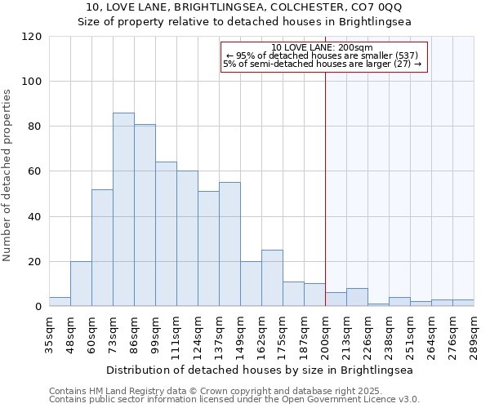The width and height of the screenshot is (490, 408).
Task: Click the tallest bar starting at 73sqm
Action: (123, 210)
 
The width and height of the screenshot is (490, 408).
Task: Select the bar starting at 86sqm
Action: (145, 215)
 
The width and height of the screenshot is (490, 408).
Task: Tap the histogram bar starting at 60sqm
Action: (102, 248)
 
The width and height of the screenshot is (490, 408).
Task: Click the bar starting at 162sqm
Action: (272, 278)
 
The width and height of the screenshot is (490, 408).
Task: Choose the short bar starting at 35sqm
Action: (60, 302)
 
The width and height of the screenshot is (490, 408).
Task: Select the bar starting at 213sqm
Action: (357, 298)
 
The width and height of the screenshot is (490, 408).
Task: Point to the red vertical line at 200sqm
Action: (325, 188)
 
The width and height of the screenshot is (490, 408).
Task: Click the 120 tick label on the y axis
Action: (32, 37)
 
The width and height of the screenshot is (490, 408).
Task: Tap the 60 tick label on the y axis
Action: (35, 171)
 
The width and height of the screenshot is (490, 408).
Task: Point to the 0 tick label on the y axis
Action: (38, 307)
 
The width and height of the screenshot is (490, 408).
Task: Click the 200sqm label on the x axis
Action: (325, 335)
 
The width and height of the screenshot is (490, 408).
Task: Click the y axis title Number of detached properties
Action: (8, 175)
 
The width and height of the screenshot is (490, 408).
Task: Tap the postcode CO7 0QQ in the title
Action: (378, 7)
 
